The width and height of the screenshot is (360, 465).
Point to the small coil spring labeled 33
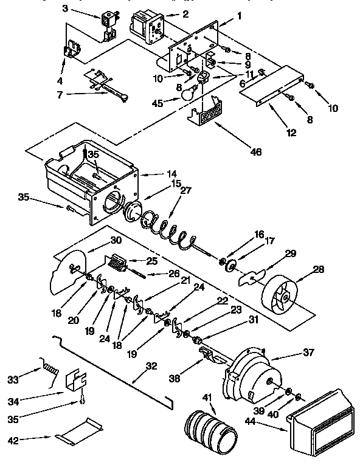(50, 368)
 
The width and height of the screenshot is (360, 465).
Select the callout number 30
(117, 240)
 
